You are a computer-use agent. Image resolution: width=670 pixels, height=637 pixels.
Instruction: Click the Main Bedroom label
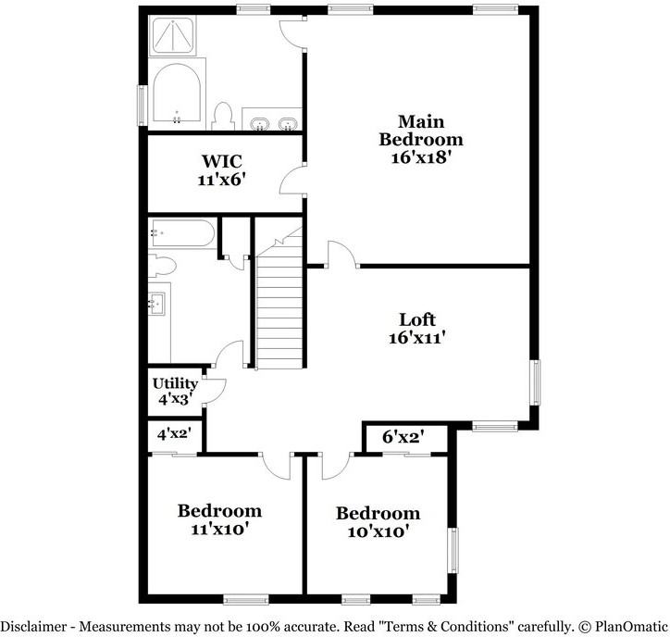421,131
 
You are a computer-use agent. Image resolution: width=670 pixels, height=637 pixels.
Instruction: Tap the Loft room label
417,319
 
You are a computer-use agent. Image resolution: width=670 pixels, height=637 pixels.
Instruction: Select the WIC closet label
222,161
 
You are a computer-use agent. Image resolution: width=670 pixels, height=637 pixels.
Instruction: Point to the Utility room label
175,383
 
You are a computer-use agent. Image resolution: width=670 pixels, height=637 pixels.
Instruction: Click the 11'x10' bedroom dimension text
219,530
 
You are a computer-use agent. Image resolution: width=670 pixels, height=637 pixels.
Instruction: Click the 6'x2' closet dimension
403,437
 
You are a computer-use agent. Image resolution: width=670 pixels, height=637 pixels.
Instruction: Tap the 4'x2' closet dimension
174,434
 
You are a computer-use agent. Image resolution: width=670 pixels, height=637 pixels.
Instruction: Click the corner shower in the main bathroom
173,35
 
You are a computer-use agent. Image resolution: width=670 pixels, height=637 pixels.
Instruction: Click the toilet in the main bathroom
223,117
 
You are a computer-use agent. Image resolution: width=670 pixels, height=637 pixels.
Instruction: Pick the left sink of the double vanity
259,123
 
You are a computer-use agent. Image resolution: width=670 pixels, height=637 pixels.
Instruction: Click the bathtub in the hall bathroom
183,233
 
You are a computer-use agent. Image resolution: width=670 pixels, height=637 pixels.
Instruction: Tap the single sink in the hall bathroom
156,304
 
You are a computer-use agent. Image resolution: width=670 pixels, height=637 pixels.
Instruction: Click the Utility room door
215,391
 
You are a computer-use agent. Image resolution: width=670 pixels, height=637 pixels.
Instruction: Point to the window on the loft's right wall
535,382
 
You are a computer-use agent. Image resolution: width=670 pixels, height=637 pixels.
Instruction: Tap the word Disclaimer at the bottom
33,627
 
